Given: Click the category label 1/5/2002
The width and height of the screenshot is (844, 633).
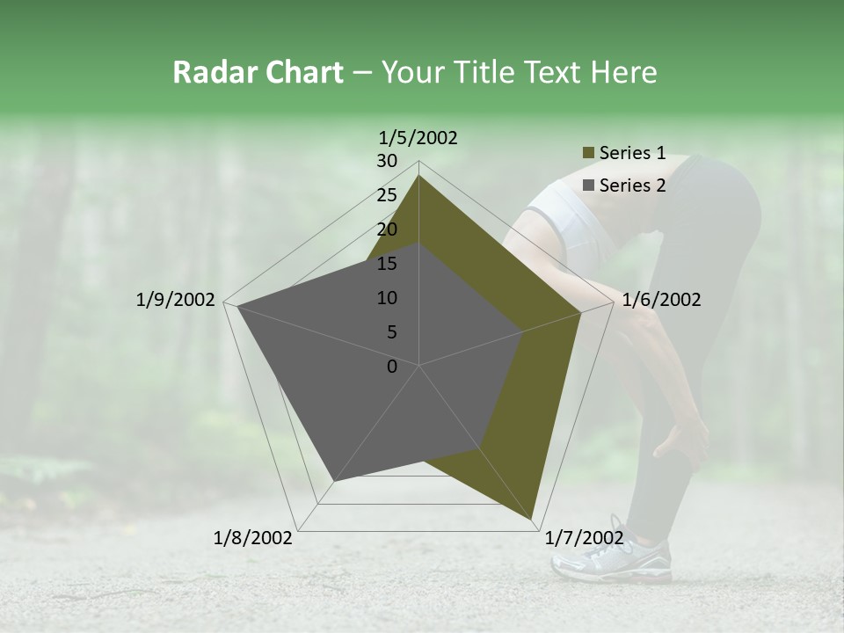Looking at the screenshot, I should pyautogui.click(x=418, y=137).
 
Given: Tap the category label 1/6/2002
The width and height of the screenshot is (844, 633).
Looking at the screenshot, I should pyautogui.click(x=661, y=300).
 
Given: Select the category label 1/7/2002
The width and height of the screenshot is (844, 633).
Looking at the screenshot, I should pyautogui.click(x=585, y=537).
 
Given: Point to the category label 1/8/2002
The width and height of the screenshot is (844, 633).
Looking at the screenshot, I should pyautogui.click(x=253, y=537).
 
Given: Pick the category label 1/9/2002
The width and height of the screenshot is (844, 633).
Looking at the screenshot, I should pyautogui.click(x=175, y=300).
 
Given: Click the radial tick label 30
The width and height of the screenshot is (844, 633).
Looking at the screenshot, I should pyautogui.click(x=387, y=161).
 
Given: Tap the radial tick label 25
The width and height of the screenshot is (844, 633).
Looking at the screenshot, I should pyautogui.click(x=387, y=195).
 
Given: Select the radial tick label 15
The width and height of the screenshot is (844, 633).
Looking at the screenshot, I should pyautogui.click(x=387, y=264).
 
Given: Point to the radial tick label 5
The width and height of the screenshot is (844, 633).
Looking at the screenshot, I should pyautogui.click(x=391, y=332).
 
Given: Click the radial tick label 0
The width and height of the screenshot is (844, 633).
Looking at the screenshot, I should pyautogui.click(x=392, y=366).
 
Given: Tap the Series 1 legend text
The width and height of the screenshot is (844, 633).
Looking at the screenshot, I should pyautogui.click(x=632, y=153).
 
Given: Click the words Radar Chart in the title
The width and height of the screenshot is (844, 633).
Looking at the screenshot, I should pyautogui.click(x=258, y=73).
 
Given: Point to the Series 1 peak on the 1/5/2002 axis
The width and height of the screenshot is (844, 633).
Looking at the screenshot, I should pyautogui.click(x=418, y=175).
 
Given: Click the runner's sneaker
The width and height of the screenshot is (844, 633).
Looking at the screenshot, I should pyautogui.click(x=615, y=557).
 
